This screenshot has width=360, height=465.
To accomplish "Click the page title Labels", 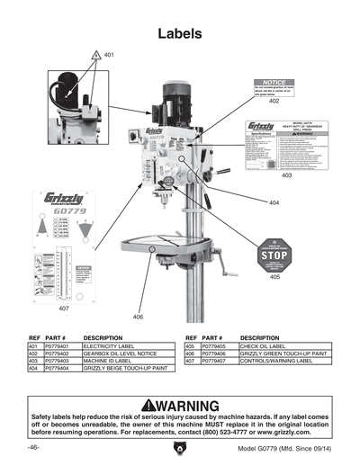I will (180, 34).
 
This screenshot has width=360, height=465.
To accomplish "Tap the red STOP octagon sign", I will (273, 255).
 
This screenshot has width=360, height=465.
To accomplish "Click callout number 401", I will (109, 56).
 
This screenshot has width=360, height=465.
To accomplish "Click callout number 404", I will (274, 202).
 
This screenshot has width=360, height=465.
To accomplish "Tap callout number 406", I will (138, 317).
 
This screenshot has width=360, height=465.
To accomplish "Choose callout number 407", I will (64, 309).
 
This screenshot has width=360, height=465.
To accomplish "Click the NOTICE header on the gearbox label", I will (273, 82).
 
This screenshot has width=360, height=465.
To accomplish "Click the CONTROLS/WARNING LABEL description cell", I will (275, 361).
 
